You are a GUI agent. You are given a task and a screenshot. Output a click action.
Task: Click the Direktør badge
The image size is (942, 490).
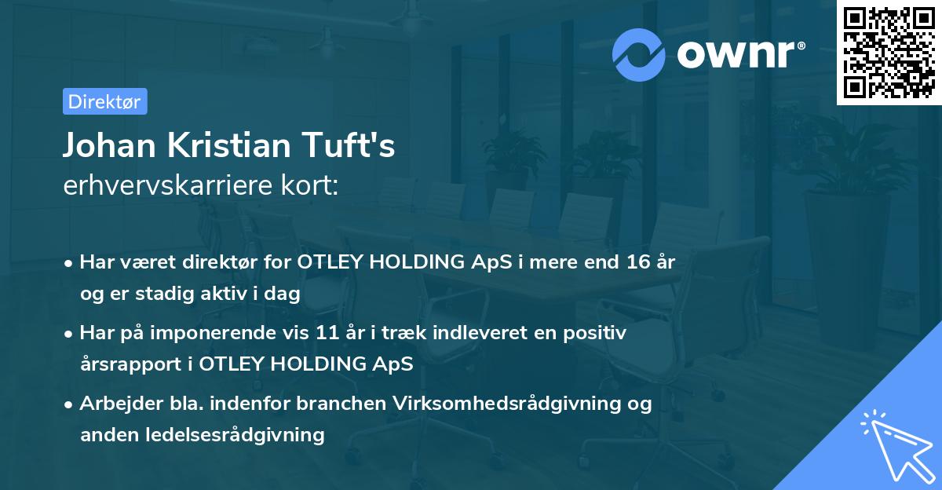click(104, 102)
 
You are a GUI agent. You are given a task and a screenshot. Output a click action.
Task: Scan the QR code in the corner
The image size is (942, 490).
click(889, 53)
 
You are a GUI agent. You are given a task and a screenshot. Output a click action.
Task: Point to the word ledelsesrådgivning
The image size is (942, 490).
click(245, 434)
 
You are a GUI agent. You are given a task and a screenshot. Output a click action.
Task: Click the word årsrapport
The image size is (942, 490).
click(129, 364)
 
